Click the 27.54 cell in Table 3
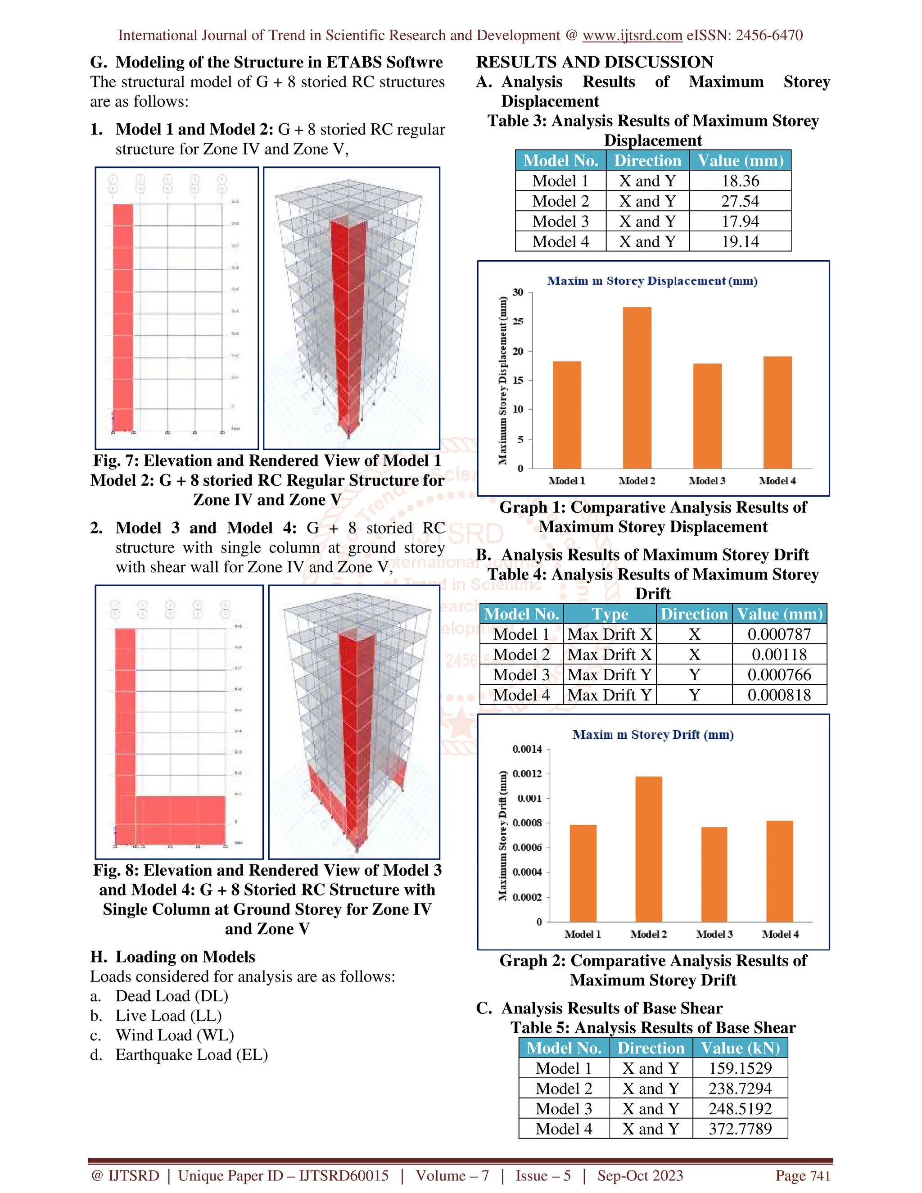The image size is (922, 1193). pos(740,201)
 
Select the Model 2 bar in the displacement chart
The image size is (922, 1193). pos(637,388)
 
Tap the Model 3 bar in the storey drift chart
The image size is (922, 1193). pos(714,874)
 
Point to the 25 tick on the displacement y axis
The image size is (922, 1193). pos(518,322)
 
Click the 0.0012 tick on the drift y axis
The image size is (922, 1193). pos(527,773)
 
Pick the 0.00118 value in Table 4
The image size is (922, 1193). pos(779,655)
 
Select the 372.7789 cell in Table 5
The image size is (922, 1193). pos(740,1129)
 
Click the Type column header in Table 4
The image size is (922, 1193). pos(610,614)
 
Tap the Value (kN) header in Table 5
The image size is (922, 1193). pos(740,1048)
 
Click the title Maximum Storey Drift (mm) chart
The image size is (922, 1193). pos(653,735)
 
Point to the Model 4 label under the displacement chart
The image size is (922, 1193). pos(777,481)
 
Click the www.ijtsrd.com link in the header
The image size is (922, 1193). pos(632,36)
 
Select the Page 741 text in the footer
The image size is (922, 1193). pos(802,1175)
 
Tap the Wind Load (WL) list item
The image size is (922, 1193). pos(175,1035)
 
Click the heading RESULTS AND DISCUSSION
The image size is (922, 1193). pos(595,62)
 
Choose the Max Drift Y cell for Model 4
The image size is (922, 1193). pos(610,695)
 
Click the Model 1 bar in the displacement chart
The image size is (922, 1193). pos(567,415)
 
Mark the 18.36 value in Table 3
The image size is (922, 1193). pos(740,181)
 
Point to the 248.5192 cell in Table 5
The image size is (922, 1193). pos(740,1108)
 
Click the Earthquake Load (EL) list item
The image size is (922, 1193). pos(191,1055)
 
